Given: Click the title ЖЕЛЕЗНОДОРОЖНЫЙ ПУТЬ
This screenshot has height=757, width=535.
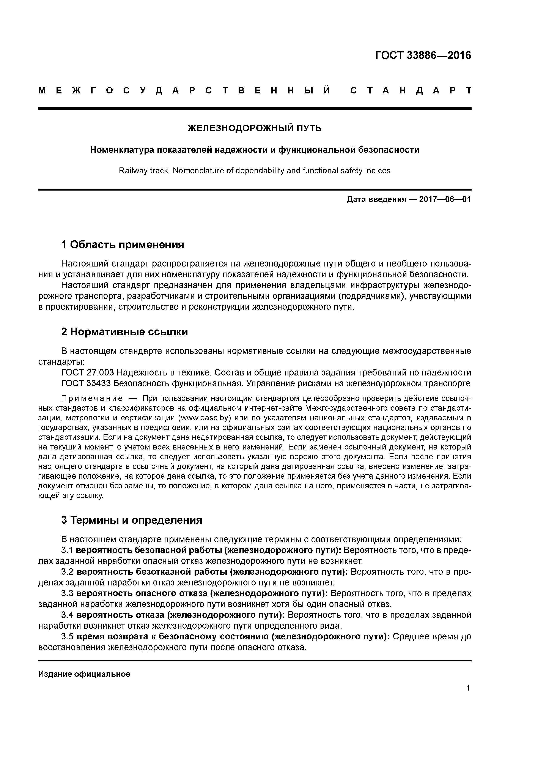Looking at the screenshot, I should pos(255,128).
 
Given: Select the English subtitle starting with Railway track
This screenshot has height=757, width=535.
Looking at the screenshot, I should pos(255,170).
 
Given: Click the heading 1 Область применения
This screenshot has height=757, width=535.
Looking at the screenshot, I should pos(122,245).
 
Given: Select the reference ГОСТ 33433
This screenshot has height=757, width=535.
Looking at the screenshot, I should pos(87,383).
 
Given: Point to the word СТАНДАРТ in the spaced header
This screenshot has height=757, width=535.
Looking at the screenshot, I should pos(411,91).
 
